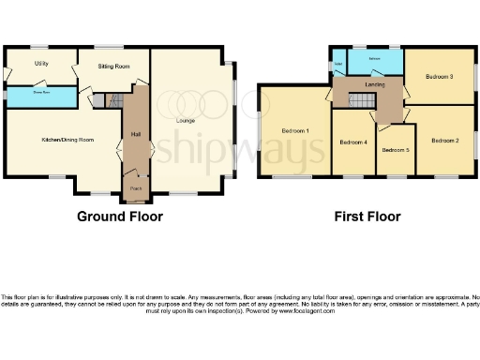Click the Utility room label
coord(41,63)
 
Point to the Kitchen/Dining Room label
coord(67,140)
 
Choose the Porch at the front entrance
coord(136,187)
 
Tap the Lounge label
coord(186,121)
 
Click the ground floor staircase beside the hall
coord(116,100)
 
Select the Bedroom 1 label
coord(295,130)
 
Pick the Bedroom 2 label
coord(444,140)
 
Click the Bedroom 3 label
coord(439,76)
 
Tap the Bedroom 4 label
coord(352,142)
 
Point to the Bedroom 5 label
coord(396,150)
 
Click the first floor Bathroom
coord(374,59)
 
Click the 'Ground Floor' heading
coord(119,217)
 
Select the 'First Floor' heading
coord(367,217)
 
